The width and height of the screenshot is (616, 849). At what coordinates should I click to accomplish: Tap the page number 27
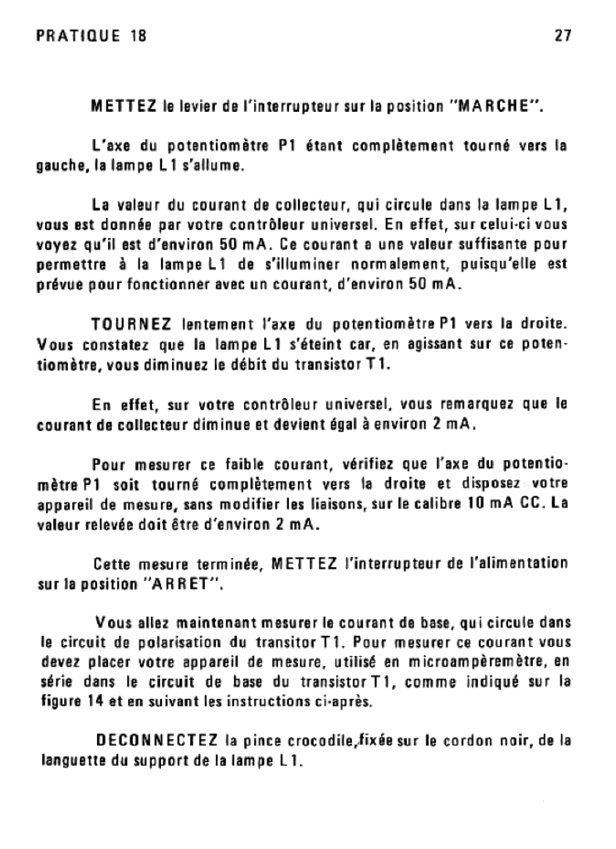click(561, 36)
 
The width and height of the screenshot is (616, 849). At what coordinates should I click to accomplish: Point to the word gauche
click(58, 166)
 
